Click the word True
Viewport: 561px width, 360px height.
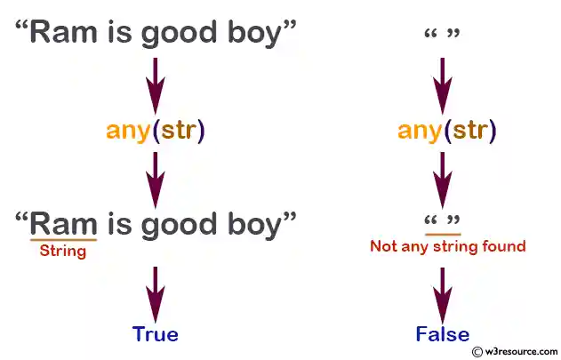(156, 334)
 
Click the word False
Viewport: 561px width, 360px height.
(442, 334)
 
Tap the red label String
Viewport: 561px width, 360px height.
(63, 251)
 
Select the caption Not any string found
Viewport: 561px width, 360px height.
(447, 245)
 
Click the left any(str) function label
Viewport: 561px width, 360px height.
(156, 131)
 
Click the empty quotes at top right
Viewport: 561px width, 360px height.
(443, 36)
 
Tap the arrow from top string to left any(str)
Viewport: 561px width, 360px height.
(156, 82)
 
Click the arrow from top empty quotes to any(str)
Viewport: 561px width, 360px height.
(443, 82)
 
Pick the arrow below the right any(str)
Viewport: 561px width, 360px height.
(443, 178)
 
